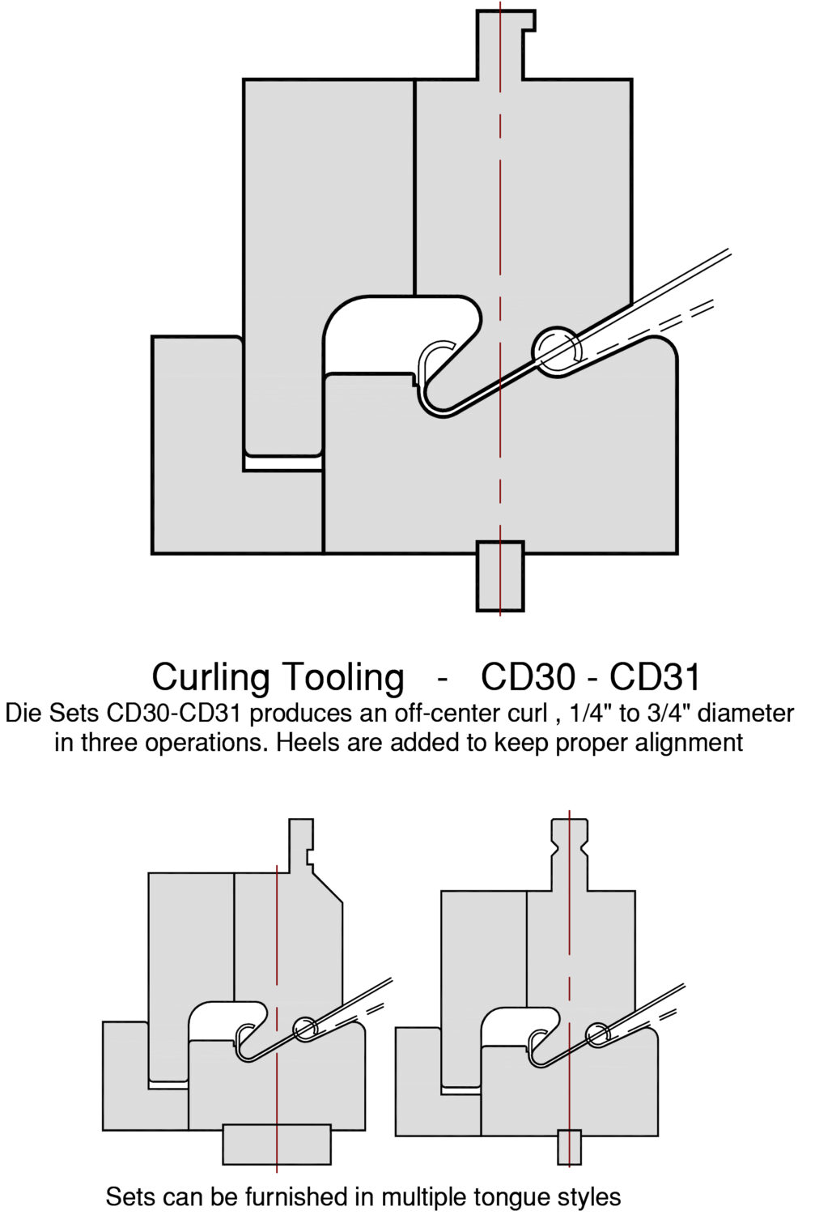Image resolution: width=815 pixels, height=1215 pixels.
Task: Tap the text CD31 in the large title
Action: point(655,677)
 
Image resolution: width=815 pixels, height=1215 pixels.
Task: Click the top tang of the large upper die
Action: point(504,45)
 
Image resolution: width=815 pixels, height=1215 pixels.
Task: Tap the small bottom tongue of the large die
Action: point(500,576)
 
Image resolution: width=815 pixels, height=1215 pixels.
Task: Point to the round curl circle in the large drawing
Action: point(557,350)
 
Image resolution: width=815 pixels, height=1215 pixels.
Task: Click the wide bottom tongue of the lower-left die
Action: point(277,1144)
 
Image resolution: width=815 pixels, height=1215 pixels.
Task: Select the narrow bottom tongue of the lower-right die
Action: point(569,1147)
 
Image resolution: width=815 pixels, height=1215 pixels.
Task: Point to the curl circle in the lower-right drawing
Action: point(597,1034)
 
